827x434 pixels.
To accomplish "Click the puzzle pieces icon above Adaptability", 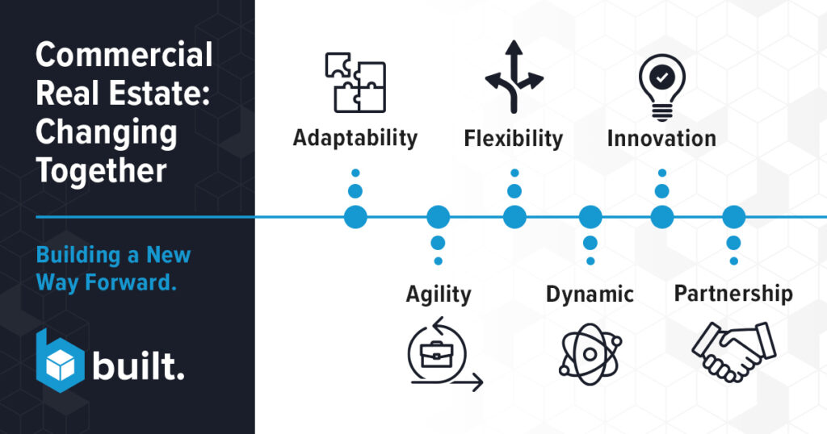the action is point(355,83).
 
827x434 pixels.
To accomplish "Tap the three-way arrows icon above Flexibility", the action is point(514,77).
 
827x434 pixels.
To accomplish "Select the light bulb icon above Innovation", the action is point(662,87).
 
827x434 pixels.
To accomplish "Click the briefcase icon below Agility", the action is point(436,354).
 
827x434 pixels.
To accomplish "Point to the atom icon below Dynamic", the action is point(590,354).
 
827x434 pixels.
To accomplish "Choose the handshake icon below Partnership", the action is point(733,351).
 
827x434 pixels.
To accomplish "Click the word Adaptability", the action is point(355,139).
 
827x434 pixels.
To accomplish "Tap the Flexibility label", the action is point(513,139).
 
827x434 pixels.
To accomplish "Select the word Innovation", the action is point(661,139).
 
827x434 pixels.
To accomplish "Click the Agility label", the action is point(439,294).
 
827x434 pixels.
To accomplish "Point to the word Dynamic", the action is point(590,294).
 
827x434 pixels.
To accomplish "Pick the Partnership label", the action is point(733,294).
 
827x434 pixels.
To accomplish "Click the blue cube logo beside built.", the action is point(60,361).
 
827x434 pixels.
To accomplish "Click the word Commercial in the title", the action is point(124,55).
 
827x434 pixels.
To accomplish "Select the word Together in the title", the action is point(101,171).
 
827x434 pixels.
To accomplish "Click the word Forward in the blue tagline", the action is point(131,282).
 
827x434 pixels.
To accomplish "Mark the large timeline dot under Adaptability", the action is point(355,217).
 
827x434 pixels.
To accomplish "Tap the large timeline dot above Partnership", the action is point(733,217).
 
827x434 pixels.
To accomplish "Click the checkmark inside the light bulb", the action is point(662,77).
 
